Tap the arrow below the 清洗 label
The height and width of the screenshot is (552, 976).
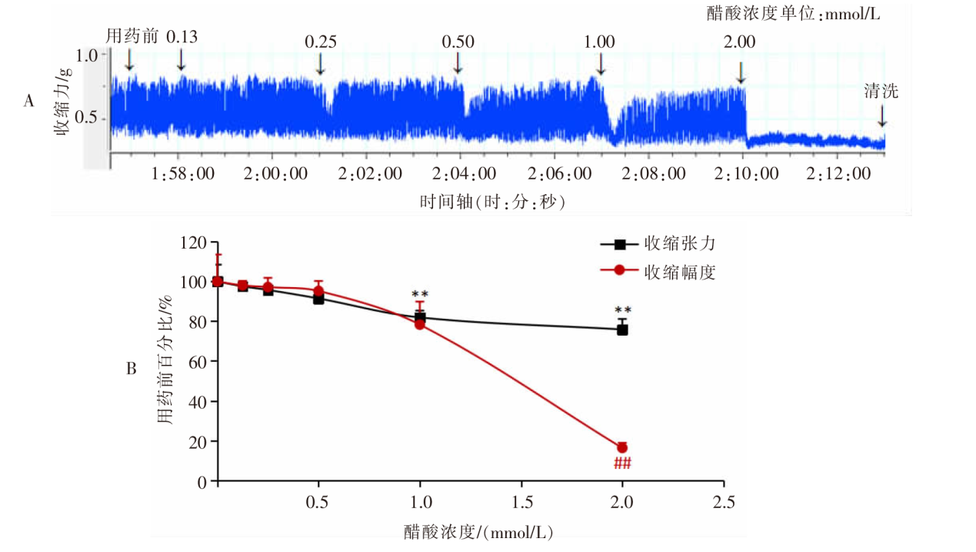[x=881, y=115]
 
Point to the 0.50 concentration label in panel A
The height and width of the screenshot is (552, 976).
[x=458, y=42]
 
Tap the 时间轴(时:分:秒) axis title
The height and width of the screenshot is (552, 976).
[x=492, y=201]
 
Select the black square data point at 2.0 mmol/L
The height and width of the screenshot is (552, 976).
[x=622, y=330]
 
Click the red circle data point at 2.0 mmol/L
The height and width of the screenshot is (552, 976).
[x=622, y=448]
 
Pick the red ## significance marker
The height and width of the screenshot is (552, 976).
[x=622, y=463]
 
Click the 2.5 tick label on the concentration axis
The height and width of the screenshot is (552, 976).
[x=724, y=503]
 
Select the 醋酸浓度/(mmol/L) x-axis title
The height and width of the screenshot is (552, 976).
[x=478, y=532]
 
